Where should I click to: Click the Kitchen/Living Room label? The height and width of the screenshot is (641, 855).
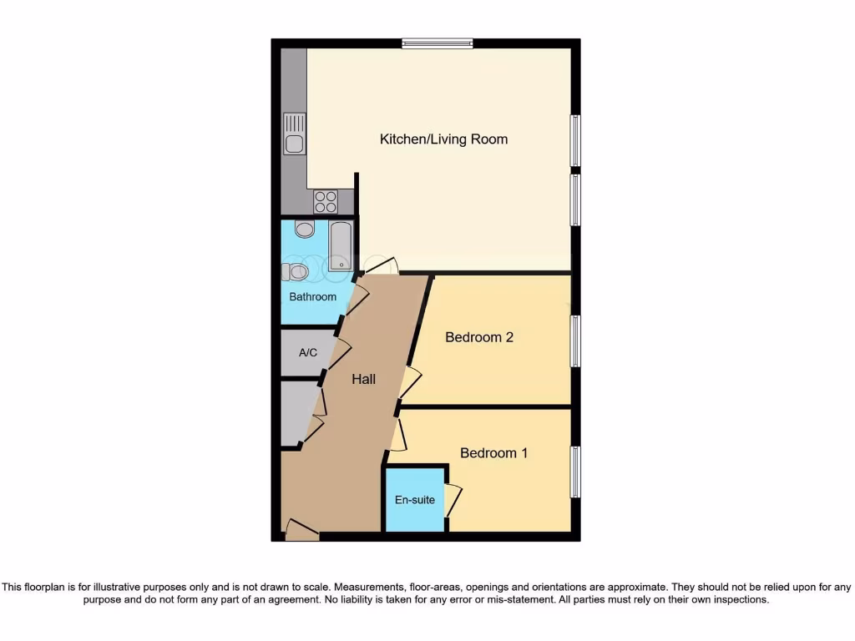[443, 139]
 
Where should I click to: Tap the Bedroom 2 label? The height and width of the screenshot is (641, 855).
[478, 337]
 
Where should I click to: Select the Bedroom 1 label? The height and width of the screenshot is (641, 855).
[493, 453]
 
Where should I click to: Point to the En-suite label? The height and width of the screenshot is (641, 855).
[415, 500]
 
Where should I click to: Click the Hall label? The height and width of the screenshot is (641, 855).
[363, 379]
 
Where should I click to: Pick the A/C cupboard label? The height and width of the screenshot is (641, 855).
[308, 352]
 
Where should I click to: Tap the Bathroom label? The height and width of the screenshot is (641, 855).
[312, 296]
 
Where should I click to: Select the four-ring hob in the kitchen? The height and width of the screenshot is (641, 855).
[326, 201]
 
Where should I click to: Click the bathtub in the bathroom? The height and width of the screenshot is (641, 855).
[341, 246]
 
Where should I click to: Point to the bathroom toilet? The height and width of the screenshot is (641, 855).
[296, 271]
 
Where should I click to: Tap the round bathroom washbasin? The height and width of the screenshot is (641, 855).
[305, 230]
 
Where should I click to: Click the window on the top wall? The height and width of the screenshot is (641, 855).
[437, 43]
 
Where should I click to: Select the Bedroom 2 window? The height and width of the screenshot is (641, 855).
[575, 341]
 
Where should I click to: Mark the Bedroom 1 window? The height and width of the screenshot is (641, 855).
[575, 472]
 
